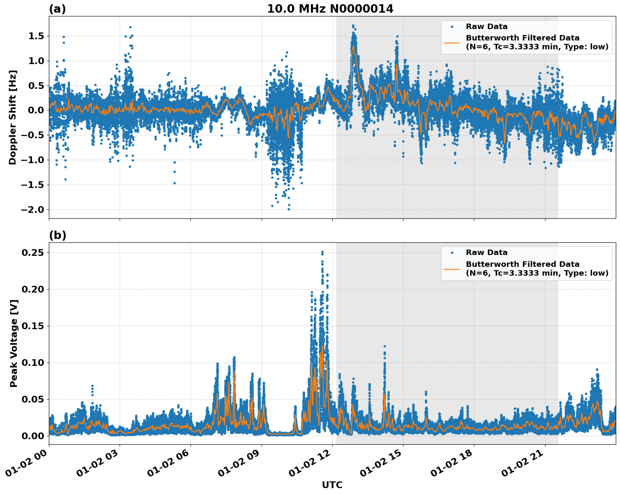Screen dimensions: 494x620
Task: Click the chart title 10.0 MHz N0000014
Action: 330,9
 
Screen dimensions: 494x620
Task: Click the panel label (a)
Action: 57,9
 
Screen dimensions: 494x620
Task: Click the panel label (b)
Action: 57,235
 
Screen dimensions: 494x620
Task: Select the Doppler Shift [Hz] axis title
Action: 13,117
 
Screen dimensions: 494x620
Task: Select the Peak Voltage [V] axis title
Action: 14,344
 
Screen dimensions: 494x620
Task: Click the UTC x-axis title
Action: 332,485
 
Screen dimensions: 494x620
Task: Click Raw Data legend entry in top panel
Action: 486,27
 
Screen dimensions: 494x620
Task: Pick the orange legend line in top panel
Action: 452,43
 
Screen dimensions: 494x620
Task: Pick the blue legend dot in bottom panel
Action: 452,252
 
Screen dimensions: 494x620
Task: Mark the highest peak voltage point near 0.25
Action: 322,252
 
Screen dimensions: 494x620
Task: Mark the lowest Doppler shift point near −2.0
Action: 289,209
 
